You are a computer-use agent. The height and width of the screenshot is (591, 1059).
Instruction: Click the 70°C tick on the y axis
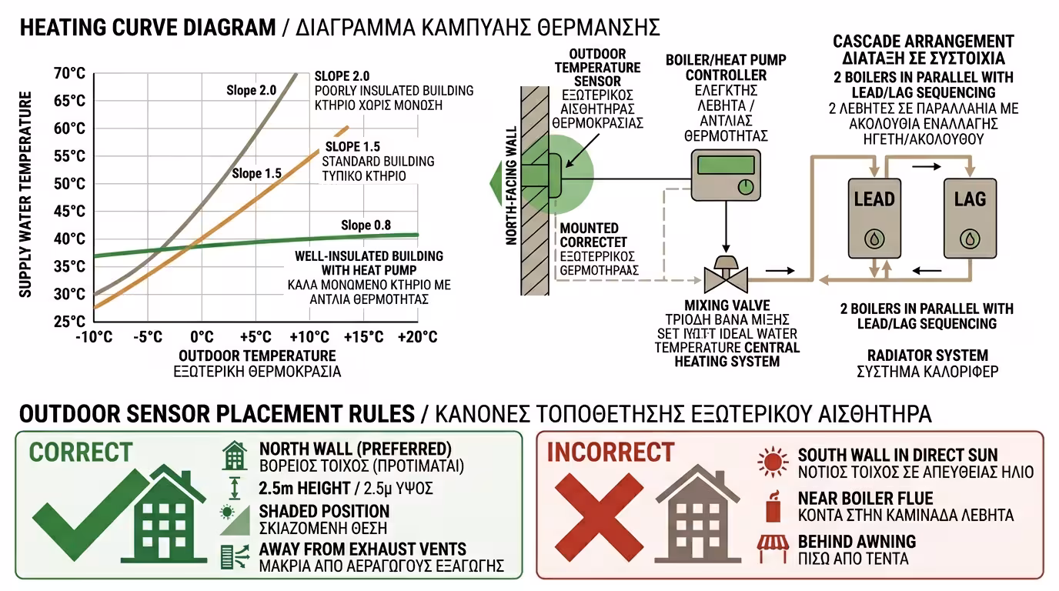pyautogui.click(x=70, y=74)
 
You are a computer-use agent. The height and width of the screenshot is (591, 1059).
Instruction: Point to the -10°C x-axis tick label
pyautogui.click(x=93, y=337)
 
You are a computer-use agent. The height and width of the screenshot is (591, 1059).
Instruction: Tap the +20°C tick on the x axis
pyautogui.click(x=417, y=337)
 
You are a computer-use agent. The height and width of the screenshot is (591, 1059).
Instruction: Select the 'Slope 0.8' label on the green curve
pyautogui.click(x=366, y=225)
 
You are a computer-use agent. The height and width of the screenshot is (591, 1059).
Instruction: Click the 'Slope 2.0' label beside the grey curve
pyautogui.click(x=251, y=91)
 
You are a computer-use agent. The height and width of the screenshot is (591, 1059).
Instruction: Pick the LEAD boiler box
pyautogui.click(x=874, y=218)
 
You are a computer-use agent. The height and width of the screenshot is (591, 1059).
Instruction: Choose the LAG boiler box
pyautogui.click(x=970, y=218)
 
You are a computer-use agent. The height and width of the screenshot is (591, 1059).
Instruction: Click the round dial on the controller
pyautogui.click(x=744, y=186)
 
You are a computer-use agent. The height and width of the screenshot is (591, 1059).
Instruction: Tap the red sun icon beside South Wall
pyautogui.click(x=773, y=462)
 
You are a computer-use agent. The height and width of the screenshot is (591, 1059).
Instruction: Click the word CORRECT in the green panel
pyautogui.click(x=81, y=452)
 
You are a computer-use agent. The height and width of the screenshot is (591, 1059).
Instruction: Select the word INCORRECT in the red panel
pyautogui.click(x=610, y=452)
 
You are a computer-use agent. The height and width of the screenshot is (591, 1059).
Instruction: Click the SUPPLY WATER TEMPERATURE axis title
pyautogui.click(x=25, y=194)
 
